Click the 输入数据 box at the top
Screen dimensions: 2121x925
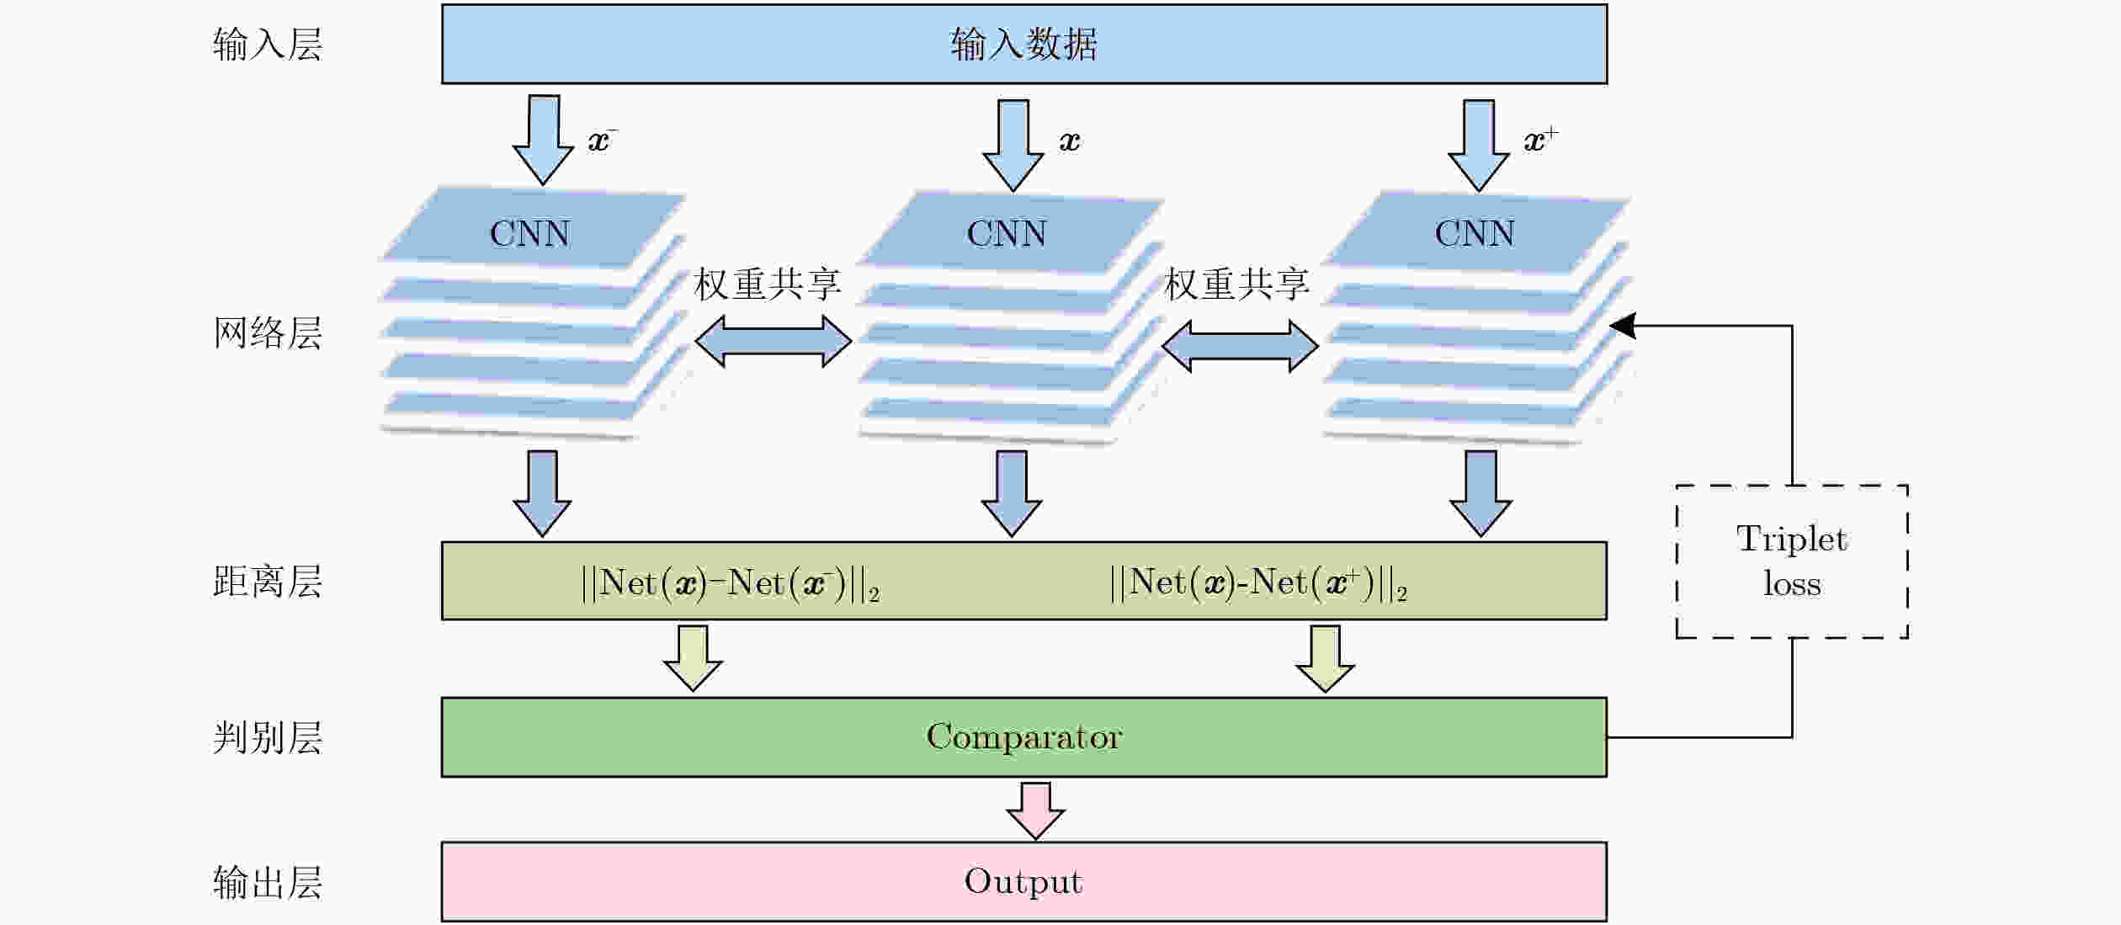(1024, 44)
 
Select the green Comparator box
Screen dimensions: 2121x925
(1024, 737)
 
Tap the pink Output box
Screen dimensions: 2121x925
(1024, 881)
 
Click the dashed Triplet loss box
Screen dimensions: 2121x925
(1792, 561)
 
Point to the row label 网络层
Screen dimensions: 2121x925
(268, 333)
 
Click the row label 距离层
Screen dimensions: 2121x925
(268, 582)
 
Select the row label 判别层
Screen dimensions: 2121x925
(268, 737)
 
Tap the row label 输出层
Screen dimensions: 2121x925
(268, 882)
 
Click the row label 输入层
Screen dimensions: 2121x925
(268, 44)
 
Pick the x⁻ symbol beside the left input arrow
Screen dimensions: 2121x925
(603, 140)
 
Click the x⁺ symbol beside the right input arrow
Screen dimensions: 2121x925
(1541, 140)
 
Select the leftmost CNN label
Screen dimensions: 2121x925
(530, 233)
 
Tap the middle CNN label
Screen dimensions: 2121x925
(1007, 233)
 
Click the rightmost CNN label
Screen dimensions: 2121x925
(1475, 233)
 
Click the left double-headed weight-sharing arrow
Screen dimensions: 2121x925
(773, 341)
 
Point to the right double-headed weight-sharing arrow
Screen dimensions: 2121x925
(1240, 346)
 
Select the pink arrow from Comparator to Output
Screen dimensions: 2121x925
(1035, 811)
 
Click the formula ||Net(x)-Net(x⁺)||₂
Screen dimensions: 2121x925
(1258, 582)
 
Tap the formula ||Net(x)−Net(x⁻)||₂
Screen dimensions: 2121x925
(730, 582)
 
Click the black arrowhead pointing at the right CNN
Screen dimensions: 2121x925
(1622, 326)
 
